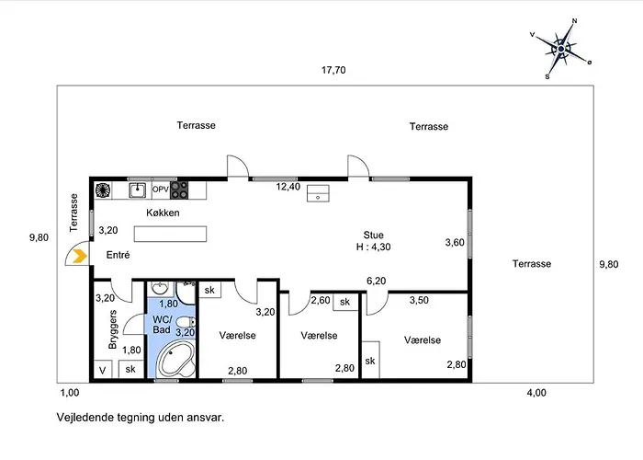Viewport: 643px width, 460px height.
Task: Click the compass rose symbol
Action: pyautogui.click(x=560, y=49)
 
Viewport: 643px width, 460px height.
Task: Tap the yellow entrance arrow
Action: pyautogui.click(x=80, y=257)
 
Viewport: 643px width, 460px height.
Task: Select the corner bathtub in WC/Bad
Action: pyautogui.click(x=176, y=359)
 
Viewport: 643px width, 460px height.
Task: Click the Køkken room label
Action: pyautogui.click(x=163, y=213)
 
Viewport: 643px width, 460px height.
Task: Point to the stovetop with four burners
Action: pyautogui.click(x=179, y=190)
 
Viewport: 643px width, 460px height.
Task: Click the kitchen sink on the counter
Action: pyautogui.click(x=138, y=190)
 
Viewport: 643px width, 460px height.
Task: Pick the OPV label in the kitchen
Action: pyautogui.click(x=161, y=190)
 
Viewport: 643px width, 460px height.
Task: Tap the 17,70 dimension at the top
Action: pyautogui.click(x=333, y=70)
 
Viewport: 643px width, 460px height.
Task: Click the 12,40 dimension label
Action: pyautogui.click(x=288, y=187)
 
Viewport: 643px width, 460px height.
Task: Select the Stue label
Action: pyautogui.click(x=373, y=235)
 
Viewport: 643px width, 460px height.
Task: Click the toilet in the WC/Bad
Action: pyautogui.click(x=186, y=322)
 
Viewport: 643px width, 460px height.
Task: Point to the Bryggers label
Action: pyautogui.click(x=113, y=329)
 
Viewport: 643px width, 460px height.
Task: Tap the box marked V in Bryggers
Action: pyautogui.click(x=103, y=369)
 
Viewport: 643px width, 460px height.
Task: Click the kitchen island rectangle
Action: pyautogui.click(x=170, y=234)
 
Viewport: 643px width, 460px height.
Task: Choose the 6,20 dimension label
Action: pyautogui.click(x=376, y=281)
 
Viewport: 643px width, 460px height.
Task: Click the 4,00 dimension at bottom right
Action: pyautogui.click(x=536, y=393)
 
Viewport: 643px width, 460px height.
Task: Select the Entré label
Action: pyautogui.click(x=118, y=255)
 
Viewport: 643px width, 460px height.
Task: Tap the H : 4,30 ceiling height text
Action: pyautogui.click(x=373, y=247)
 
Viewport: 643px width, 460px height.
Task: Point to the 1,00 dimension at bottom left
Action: pyautogui.click(x=70, y=393)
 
